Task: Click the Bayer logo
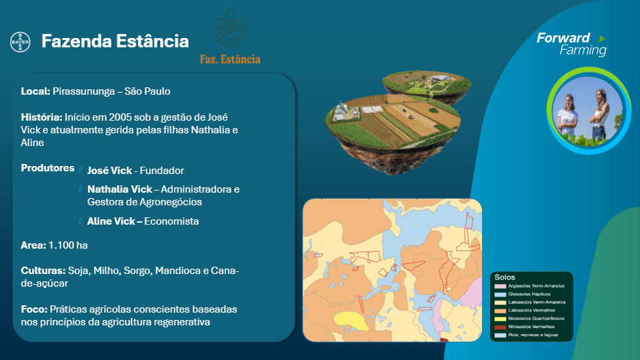click(x=20, y=42)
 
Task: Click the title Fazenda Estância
click(x=115, y=41)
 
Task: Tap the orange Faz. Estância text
click(x=230, y=59)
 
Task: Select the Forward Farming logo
click(x=571, y=44)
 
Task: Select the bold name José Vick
click(x=109, y=170)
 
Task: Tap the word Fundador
click(x=162, y=170)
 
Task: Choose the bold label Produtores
click(x=47, y=168)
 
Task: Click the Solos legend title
click(x=505, y=277)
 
